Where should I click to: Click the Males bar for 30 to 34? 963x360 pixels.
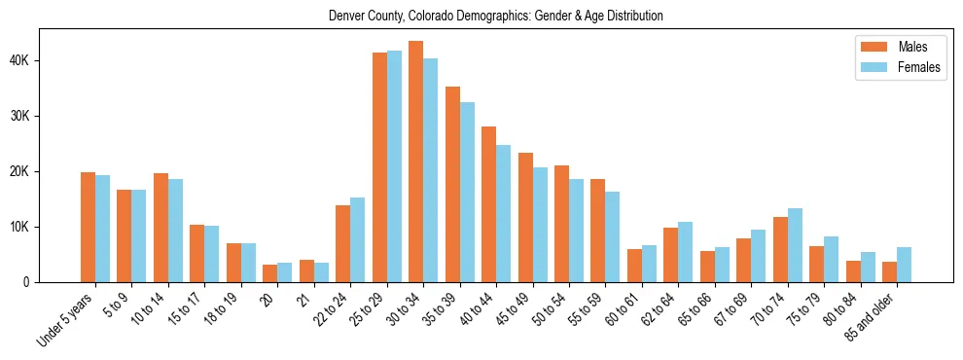click(x=416, y=162)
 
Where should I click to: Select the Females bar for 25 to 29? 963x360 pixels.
click(x=394, y=166)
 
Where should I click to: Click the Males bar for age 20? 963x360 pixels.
click(x=270, y=273)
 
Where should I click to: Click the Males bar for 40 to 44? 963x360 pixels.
click(x=489, y=204)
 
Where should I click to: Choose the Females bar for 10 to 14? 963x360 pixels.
click(x=175, y=231)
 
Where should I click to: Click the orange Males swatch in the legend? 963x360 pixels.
click(x=869, y=47)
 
